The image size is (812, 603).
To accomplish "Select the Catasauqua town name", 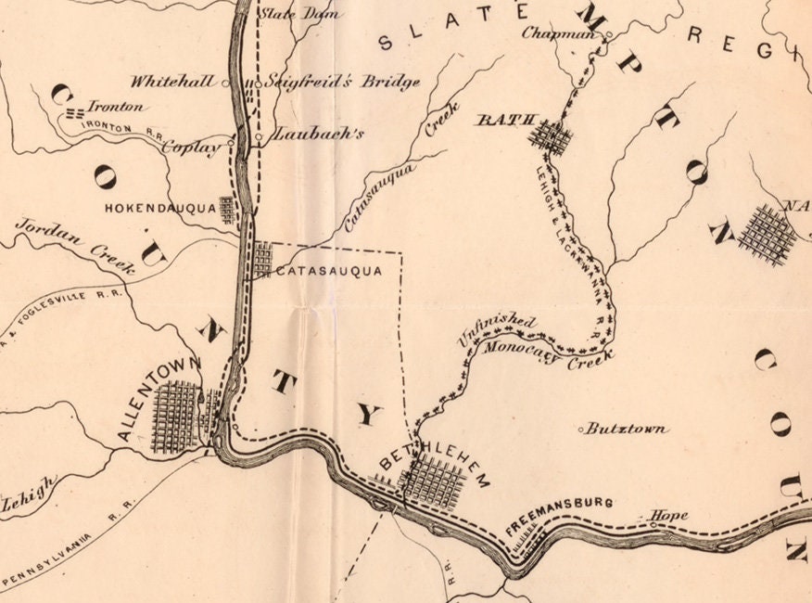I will pos(329,272).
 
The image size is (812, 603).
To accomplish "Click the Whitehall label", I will pos(176,82).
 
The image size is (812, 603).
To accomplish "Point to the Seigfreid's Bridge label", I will pos(342,82).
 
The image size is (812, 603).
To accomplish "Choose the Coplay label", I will pos(193,147).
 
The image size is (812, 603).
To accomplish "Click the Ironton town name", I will pos(116,106).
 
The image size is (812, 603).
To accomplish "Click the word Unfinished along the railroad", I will pos(497,329).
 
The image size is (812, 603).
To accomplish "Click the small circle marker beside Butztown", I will pos(581,430).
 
